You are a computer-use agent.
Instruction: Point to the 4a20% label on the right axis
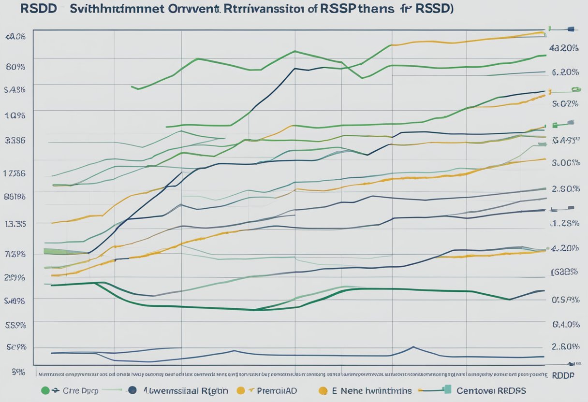[x=564, y=48]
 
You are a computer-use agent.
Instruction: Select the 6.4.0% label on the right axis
[x=565, y=324]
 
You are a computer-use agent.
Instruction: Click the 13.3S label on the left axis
[x=15, y=224]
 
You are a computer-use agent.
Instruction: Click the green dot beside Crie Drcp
[x=45, y=390]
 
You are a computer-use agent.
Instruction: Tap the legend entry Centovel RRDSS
[x=492, y=390]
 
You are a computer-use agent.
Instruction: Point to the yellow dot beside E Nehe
[x=323, y=390]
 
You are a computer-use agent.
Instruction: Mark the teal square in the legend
[x=447, y=389]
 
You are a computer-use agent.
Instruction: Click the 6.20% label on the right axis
[x=565, y=72]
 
